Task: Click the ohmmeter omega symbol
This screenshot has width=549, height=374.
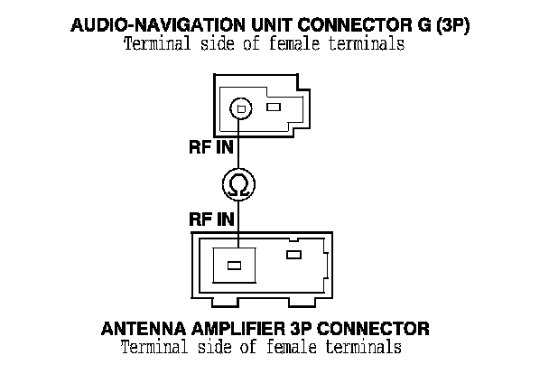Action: pyautogui.click(x=238, y=186)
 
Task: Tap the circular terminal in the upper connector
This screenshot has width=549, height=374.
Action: pyautogui.click(x=238, y=108)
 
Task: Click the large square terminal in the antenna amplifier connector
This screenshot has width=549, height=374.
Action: pyautogui.click(x=234, y=266)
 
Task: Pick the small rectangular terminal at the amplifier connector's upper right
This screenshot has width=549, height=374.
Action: pyautogui.click(x=293, y=255)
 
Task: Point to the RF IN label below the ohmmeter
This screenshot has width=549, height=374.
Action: pyautogui.click(x=211, y=219)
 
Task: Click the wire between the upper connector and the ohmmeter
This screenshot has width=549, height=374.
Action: pyautogui.click(x=238, y=145)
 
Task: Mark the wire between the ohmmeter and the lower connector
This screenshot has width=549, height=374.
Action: pyautogui.click(x=238, y=222)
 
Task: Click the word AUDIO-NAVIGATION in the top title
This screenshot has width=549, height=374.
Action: pyautogui.click(x=149, y=26)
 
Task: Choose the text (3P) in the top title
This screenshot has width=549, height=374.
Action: pyautogui.click(x=451, y=26)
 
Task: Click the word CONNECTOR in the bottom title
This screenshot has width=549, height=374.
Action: pyautogui.click(x=379, y=327)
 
